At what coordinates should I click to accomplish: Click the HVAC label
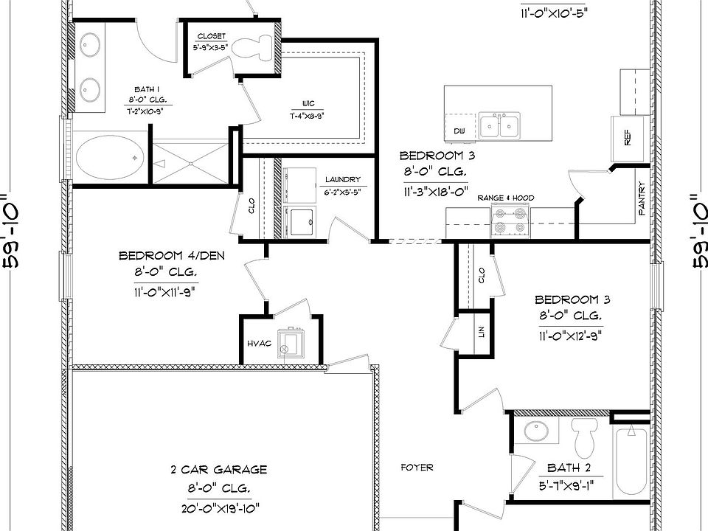259,344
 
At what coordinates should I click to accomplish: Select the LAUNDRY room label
342,179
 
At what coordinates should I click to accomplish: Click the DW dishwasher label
459,131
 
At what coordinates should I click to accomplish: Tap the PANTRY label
642,199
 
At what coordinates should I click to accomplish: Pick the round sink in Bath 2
532,431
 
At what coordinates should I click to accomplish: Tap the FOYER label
417,468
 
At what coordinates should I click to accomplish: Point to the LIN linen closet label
482,332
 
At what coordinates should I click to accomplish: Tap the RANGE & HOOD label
506,198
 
